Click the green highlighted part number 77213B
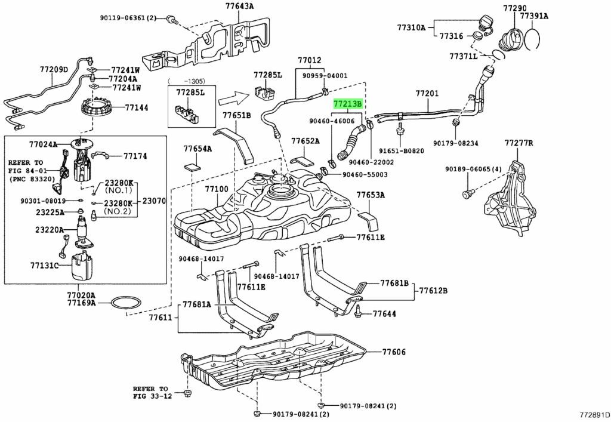click(x=347, y=104)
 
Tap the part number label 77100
click(x=217, y=189)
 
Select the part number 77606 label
click(x=394, y=352)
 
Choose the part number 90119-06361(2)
click(x=128, y=18)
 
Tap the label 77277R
click(x=519, y=143)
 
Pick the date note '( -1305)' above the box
click(x=186, y=79)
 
